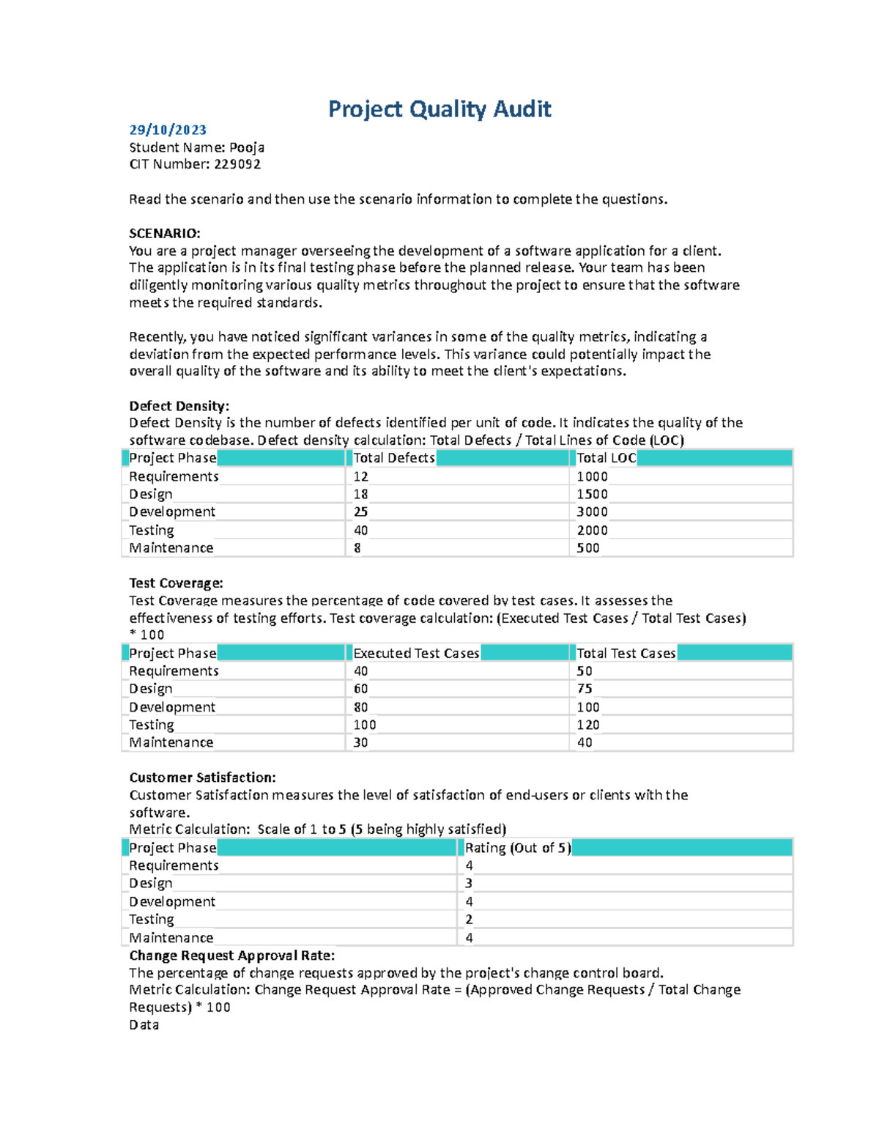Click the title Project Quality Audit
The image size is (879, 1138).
[439, 109]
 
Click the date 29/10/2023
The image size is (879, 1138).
[168, 130]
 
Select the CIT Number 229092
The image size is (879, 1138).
[237, 164]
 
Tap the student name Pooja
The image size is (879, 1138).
[247, 147]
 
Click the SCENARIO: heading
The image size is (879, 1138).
[165, 234]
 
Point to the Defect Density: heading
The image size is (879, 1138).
[179, 406]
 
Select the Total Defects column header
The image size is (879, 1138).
[394, 458]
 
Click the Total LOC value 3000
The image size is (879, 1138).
[592, 511]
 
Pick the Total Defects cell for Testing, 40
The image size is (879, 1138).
[360, 530]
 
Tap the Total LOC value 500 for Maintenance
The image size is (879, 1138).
[587, 547]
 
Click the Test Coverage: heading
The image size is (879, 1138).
[176, 583]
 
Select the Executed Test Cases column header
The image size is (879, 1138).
[416, 653]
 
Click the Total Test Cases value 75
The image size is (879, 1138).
[585, 689]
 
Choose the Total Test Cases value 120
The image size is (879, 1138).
[587, 725]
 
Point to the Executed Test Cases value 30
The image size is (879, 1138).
[360, 742]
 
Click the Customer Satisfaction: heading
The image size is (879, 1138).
[202, 777]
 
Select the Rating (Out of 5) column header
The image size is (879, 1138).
[517, 848]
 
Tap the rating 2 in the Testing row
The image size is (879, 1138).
[469, 920]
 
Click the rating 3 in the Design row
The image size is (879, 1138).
[469, 884]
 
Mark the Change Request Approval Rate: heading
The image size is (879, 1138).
[231, 956]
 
